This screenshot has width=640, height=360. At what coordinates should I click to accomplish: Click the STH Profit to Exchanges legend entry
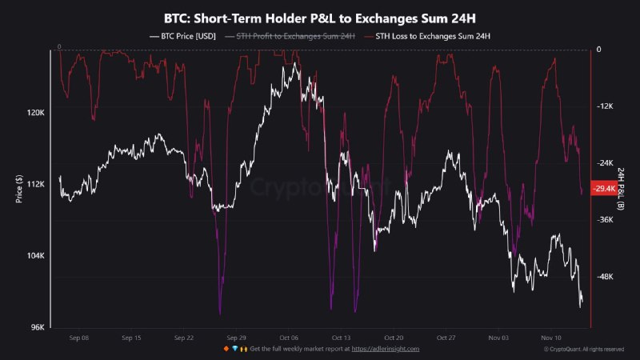pyautogui.click(x=291, y=35)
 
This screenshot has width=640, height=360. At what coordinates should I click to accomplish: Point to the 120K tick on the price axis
pyautogui.click(x=36, y=113)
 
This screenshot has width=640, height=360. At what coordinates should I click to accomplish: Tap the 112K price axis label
pyautogui.click(x=36, y=184)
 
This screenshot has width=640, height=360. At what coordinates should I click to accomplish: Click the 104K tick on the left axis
pyautogui.click(x=36, y=256)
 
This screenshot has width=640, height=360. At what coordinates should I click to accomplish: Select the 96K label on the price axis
pyautogui.click(x=38, y=327)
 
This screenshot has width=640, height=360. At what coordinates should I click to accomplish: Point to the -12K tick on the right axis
pyautogui.click(x=605, y=106)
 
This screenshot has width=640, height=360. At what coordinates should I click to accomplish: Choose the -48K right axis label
pyautogui.click(x=605, y=277)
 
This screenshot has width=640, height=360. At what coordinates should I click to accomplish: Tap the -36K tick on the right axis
pyautogui.click(x=605, y=220)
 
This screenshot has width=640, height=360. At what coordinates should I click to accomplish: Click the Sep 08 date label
pyautogui.click(x=79, y=338)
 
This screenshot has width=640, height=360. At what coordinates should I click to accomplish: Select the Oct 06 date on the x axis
pyautogui.click(x=290, y=338)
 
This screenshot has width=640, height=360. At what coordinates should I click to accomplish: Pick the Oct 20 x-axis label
pyautogui.click(x=394, y=338)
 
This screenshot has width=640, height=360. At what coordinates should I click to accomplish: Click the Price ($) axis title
pyautogui.click(x=18, y=190)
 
